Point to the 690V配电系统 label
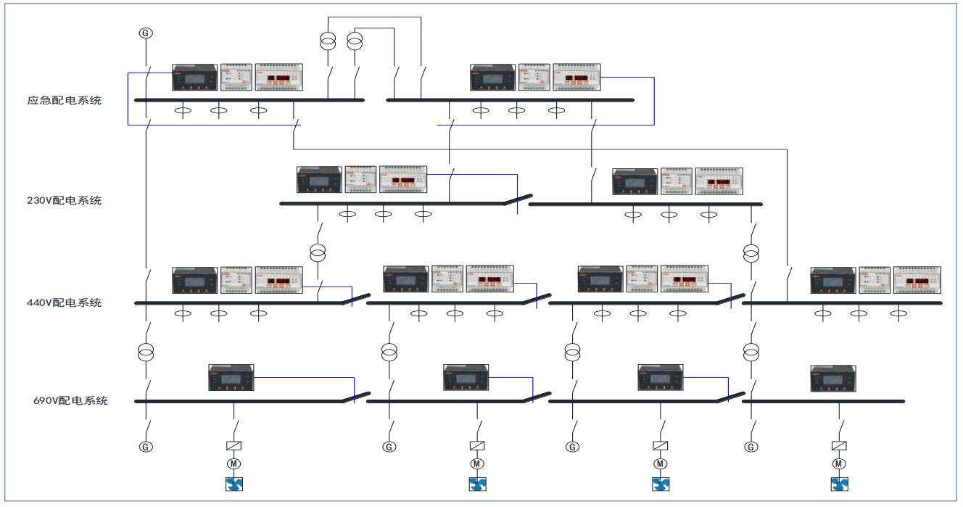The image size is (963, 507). (70, 400)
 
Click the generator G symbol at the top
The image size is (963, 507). (146, 33)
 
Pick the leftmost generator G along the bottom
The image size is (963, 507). (146, 447)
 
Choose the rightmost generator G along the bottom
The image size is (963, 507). (751, 447)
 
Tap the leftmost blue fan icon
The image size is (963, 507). (234, 483)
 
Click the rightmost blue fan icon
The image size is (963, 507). (840, 483)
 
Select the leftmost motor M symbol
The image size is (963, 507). (234, 463)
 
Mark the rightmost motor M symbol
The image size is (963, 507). (840, 463)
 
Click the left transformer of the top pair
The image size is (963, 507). (328, 42)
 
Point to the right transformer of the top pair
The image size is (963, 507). (355, 42)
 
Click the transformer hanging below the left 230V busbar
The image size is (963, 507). (317, 253)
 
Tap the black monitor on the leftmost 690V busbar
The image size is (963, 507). (231, 378)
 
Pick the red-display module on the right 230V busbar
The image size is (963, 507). (719, 181)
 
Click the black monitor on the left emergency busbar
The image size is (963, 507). (194, 78)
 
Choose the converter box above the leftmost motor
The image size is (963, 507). (234, 446)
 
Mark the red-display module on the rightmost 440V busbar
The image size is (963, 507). (917, 279)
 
